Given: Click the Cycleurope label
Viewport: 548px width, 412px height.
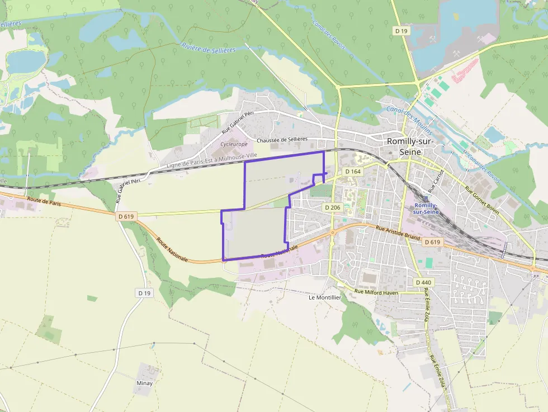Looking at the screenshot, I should (234, 144).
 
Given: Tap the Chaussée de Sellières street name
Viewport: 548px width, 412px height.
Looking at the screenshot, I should (282, 140).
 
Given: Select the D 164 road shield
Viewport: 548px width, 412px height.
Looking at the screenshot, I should (352, 172).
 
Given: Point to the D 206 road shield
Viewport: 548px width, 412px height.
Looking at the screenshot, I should (332, 207).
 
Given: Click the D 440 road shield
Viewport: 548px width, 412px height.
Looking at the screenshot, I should (424, 283).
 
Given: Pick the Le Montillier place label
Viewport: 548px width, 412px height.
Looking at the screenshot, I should (325, 297).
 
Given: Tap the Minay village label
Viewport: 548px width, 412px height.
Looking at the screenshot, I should (144, 383).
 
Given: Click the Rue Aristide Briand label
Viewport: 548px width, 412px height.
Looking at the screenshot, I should (398, 233).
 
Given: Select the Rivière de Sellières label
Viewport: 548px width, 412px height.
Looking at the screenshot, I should (209, 50).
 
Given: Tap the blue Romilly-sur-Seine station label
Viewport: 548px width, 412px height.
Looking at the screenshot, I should (426, 209).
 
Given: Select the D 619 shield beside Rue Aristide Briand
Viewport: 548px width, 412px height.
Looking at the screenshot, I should (432, 242).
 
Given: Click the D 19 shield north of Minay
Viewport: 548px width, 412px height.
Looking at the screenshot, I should (144, 293).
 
